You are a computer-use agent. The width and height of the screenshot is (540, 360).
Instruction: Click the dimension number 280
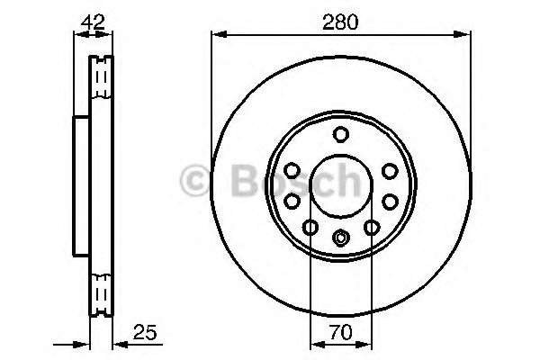[x=340, y=22]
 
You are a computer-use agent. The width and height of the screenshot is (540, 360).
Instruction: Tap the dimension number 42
[x=93, y=22]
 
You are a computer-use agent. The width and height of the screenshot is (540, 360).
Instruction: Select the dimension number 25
[x=145, y=332]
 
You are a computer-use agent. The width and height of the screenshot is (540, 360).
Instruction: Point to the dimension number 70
[x=341, y=332]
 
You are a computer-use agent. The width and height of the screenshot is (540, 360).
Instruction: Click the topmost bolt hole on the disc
[x=341, y=134]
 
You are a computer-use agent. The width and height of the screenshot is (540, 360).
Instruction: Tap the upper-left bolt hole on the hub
[x=292, y=170]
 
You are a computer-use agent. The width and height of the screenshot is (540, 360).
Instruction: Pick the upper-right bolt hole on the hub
[x=391, y=171]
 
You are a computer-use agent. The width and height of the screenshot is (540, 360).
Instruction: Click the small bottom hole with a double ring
[x=340, y=238]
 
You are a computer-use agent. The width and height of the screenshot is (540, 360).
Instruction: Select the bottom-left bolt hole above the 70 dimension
[x=310, y=227]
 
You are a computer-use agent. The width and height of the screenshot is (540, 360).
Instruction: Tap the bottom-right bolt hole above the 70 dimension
[x=372, y=227]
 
